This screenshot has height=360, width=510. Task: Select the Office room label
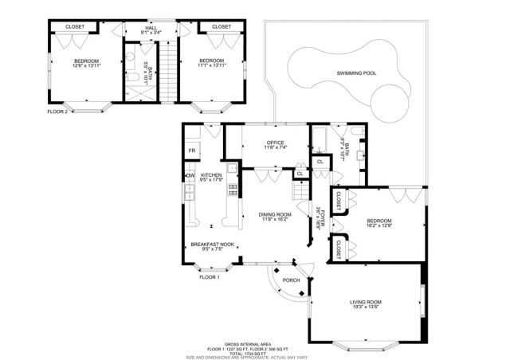click(265, 143)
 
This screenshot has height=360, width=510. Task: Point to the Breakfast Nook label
click(211, 245)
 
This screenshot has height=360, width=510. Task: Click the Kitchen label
click(210, 175)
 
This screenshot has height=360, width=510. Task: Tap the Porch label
click(292, 280)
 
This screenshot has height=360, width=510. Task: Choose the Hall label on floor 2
click(151, 27)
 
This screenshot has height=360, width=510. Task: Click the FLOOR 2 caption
click(57, 112)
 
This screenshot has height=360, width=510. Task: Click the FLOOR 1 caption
click(209, 276)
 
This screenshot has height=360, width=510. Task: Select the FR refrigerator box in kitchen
click(192, 150)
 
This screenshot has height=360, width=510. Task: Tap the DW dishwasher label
click(190, 175)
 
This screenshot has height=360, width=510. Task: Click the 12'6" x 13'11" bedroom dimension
click(86, 66)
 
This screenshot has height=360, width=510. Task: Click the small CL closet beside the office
click(300, 174)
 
